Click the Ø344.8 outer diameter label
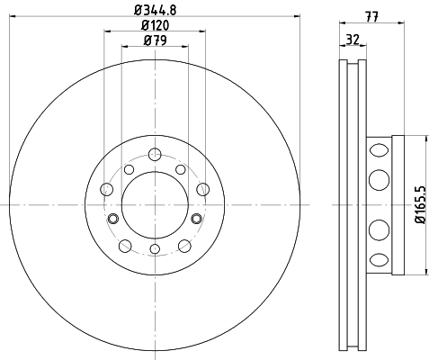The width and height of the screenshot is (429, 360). [x=155, y=10]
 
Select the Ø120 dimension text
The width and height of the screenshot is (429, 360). [x=155, y=25]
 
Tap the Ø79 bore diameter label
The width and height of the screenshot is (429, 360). [x=155, y=40]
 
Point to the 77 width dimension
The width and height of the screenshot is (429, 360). [x=371, y=16]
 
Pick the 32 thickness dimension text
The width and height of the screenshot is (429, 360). [x=353, y=40]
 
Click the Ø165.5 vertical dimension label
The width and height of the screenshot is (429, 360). [x=420, y=204]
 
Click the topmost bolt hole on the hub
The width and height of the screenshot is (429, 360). [x=155, y=155]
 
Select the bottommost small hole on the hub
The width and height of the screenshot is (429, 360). [x=155, y=248]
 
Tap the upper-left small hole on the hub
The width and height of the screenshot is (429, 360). [x=129, y=169]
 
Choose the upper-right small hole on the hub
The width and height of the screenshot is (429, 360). [x=181, y=169]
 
